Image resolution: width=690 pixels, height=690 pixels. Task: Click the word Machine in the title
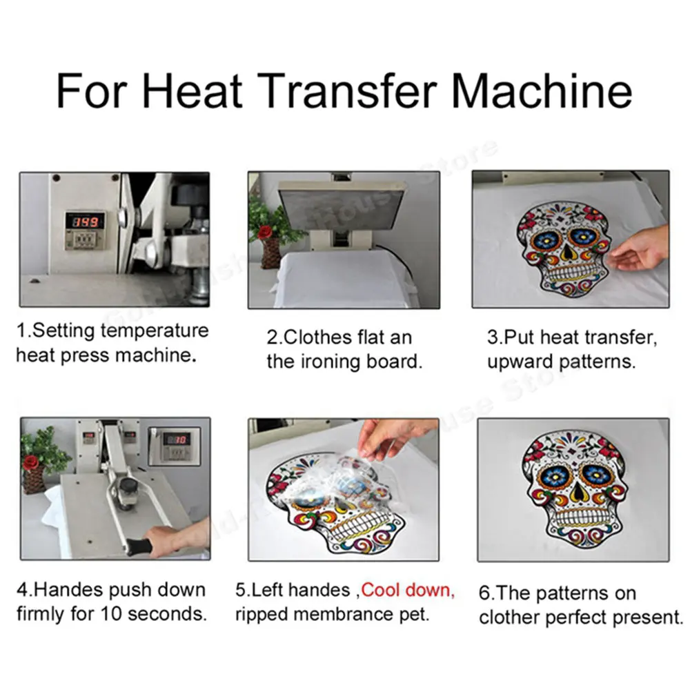542,91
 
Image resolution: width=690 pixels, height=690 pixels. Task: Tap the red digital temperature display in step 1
86,221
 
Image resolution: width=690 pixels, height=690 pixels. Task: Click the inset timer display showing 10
177,439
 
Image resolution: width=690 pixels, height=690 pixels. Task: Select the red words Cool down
408,590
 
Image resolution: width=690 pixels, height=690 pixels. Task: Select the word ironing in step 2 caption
330,362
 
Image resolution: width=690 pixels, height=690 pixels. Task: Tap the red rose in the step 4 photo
31,462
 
